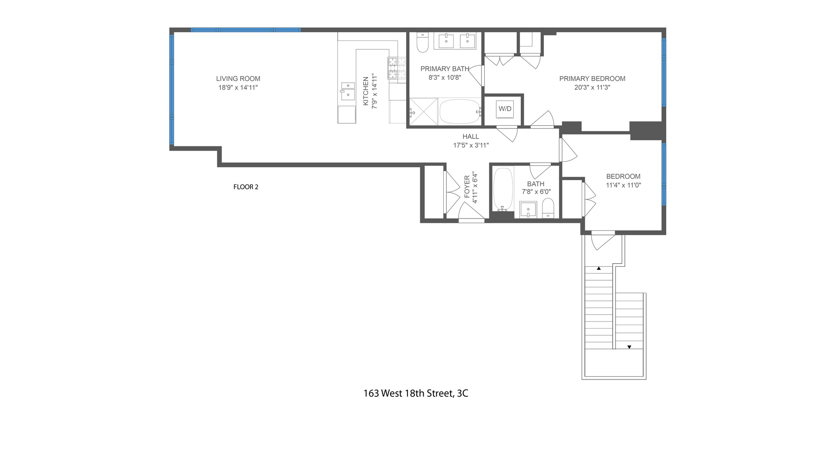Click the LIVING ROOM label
238,79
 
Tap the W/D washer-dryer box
505,109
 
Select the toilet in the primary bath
423,42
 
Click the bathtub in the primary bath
459,112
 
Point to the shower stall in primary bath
423,112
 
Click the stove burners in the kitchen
397,68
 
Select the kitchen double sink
347,91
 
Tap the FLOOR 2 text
246,187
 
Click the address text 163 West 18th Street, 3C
416,393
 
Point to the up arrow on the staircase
599,269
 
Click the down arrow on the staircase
629,347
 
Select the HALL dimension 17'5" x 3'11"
471,145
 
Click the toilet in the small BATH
548,208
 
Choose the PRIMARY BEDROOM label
592,79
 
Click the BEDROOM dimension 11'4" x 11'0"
623,185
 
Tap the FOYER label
467,187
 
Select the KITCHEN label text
366,91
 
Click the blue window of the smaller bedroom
664,174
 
